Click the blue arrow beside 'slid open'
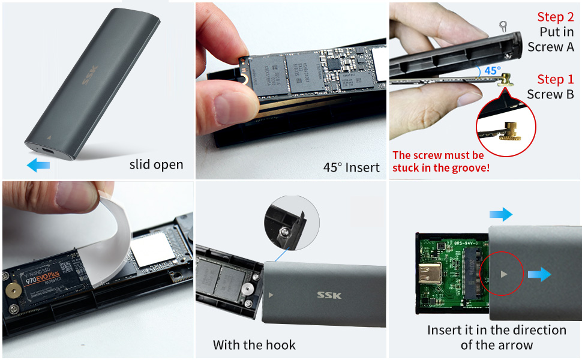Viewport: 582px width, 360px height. coord(39,165)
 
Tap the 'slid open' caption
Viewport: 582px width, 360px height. coord(156,164)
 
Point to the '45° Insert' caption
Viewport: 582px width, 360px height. coord(351,167)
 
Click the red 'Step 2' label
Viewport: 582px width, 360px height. coord(555,17)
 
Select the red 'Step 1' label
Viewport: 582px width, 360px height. coord(555,79)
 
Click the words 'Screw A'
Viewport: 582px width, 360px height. coord(550,46)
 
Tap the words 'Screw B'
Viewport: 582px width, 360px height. coord(550,94)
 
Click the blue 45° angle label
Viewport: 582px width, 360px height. coord(492,70)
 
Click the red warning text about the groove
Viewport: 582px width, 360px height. coord(441,161)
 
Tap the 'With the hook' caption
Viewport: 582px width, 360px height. coord(254,345)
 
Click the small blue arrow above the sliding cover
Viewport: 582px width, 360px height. coord(500,214)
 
